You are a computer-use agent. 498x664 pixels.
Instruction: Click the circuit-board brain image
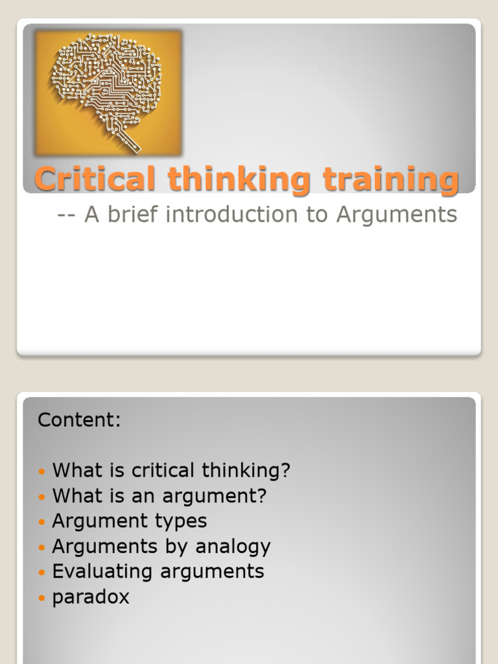[108, 92]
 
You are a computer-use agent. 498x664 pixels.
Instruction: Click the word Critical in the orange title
[95, 179]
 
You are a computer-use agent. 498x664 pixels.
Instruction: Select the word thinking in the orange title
[239, 180]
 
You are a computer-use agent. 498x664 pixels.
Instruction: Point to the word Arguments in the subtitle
[396, 215]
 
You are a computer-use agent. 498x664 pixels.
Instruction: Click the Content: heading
[79, 420]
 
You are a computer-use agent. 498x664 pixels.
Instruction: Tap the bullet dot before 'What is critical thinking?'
[42, 471]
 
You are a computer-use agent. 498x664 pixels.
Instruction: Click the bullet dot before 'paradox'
[42, 598]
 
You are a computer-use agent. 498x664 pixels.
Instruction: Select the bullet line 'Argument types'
[129, 521]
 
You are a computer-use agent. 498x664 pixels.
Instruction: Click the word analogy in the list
[233, 547]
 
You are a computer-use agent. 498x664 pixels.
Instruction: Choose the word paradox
[91, 597]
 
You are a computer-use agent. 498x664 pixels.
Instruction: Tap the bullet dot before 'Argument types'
[42, 522]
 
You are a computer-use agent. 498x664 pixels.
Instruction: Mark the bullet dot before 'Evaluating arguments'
[42, 573]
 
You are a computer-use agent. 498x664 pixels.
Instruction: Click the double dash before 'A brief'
[67, 215]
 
